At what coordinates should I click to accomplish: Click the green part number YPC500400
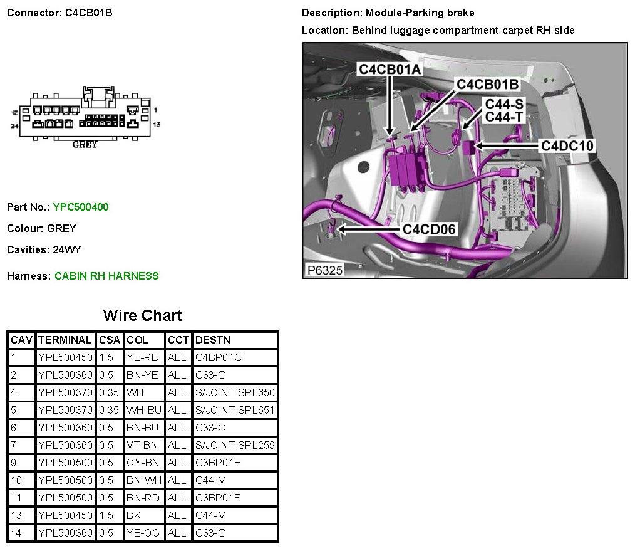pyautogui.click(x=81, y=207)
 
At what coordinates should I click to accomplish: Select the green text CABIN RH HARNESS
pyautogui.click(x=106, y=276)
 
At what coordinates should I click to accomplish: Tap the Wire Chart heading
pyautogui.click(x=143, y=315)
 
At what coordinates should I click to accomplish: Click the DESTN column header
pyautogui.click(x=213, y=340)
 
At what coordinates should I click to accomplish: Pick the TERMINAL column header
pyautogui.click(x=65, y=340)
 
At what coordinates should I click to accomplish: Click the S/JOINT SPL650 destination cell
pyautogui.click(x=235, y=392)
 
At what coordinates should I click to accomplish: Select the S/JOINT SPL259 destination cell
pyautogui.click(x=235, y=445)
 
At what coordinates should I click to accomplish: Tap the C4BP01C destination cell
pyautogui.click(x=219, y=357)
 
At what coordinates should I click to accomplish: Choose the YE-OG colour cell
pyautogui.click(x=143, y=533)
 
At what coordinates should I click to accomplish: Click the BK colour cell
pyautogui.click(x=133, y=515)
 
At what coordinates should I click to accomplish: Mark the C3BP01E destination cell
pyautogui.click(x=219, y=463)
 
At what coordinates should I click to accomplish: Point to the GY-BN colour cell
pyautogui.click(x=143, y=463)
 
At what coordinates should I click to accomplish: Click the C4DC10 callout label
pyautogui.click(x=567, y=146)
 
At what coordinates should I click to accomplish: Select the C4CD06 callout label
pyautogui.click(x=429, y=229)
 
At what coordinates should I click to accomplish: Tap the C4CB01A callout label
pyautogui.click(x=390, y=70)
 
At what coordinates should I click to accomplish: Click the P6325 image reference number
pyautogui.click(x=324, y=270)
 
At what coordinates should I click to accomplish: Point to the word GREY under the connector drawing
pyautogui.click(x=85, y=145)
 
